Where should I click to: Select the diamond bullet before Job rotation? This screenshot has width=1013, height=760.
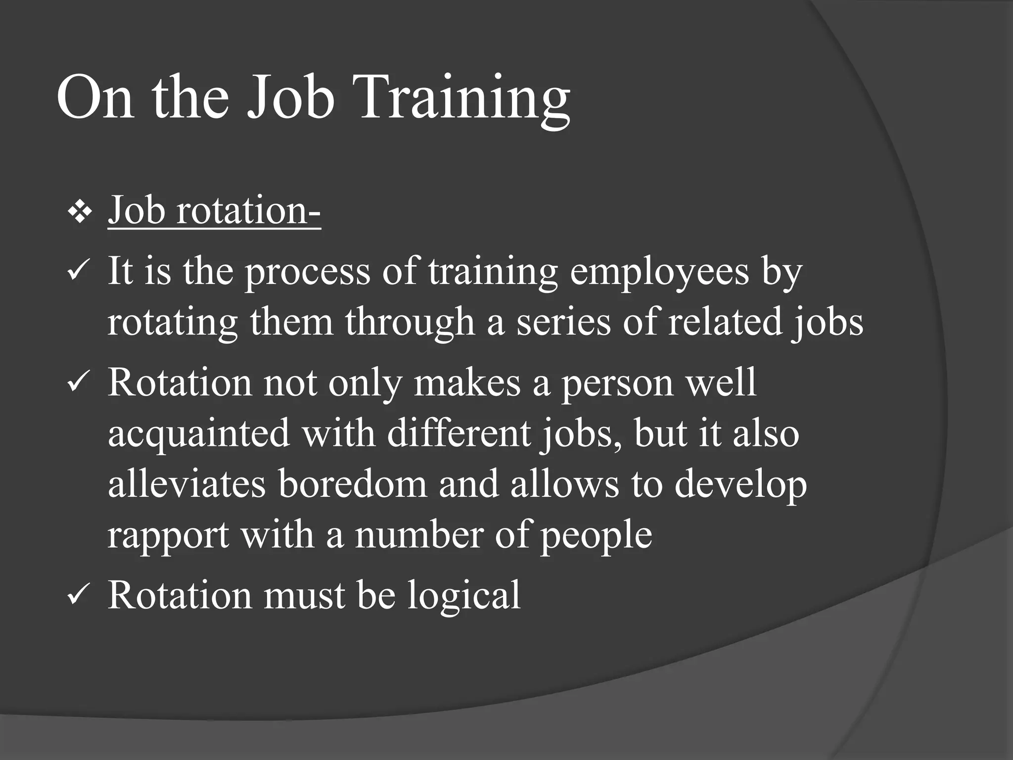pyautogui.click(x=80, y=214)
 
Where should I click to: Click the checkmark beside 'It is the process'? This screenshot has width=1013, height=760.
pyautogui.click(x=77, y=274)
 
